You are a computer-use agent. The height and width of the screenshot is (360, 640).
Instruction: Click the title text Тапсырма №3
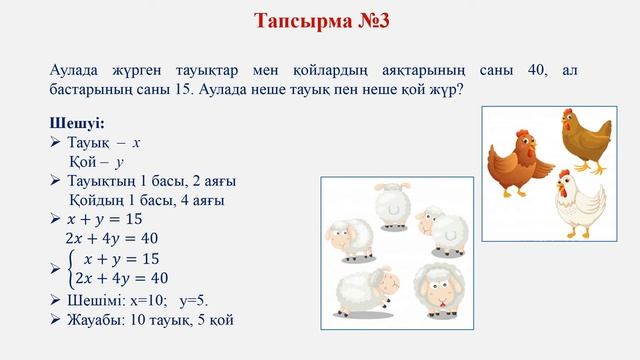(319, 23)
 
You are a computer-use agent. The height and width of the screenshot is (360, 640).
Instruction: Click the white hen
(582, 205)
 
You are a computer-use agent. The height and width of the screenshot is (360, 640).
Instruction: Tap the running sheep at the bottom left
(363, 290)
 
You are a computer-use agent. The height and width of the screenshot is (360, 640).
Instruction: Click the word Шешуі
(76, 123)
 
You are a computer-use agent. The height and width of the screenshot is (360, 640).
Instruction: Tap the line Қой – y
(97, 160)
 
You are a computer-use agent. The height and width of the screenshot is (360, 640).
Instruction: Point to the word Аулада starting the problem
(77, 70)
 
